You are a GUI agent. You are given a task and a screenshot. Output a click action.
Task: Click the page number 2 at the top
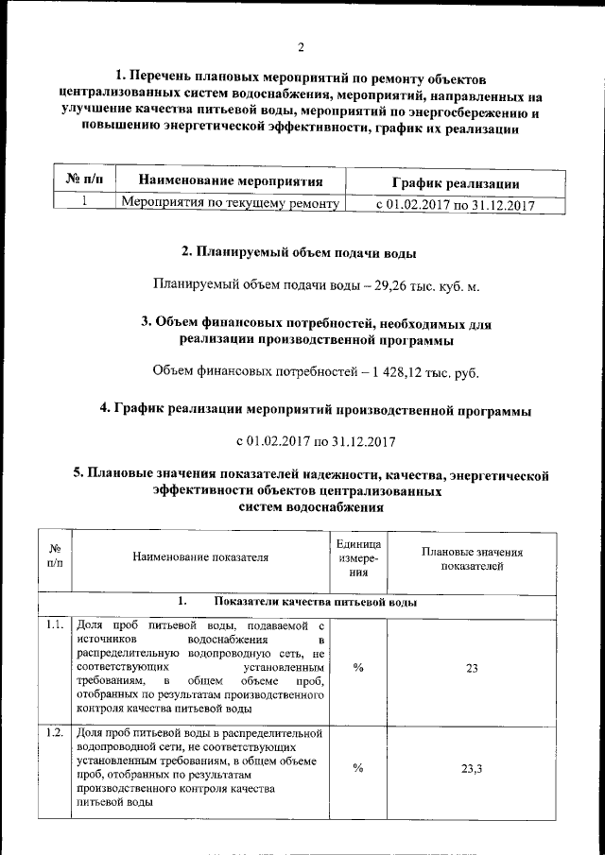click(x=301, y=48)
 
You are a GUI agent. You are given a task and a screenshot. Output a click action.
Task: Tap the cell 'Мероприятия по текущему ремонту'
click(x=232, y=202)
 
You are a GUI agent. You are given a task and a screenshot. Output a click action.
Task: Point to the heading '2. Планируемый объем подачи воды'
click(x=298, y=252)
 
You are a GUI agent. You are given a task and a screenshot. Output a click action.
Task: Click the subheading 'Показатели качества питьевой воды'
click(x=316, y=602)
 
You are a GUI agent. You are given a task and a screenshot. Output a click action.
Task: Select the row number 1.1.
click(x=55, y=624)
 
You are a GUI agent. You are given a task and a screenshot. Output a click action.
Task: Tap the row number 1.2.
click(x=55, y=732)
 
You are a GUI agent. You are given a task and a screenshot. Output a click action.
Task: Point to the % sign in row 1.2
click(x=358, y=768)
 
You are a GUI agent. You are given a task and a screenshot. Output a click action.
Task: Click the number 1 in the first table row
click(x=84, y=201)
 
